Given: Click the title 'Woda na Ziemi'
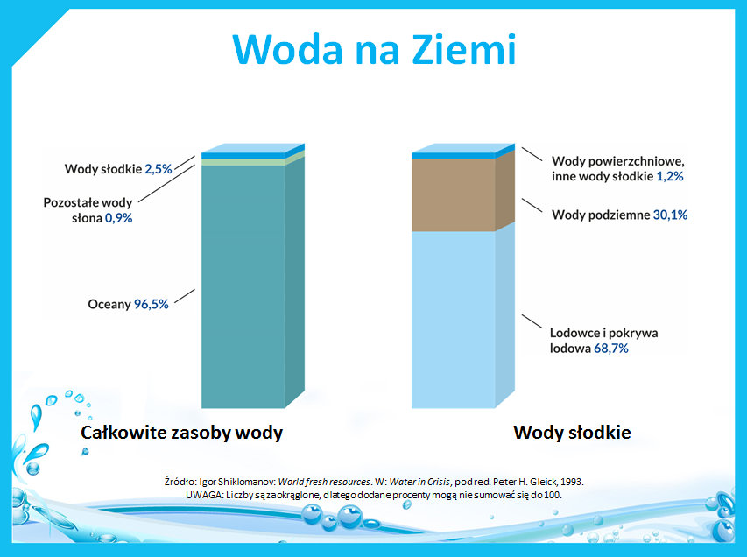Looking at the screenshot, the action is coord(375,49).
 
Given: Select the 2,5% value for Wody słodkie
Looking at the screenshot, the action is coord(159,169).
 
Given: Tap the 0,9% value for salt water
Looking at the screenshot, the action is coord(118,218).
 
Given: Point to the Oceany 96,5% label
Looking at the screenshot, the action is coord(128,304).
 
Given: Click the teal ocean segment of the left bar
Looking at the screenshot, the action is coord(243,286).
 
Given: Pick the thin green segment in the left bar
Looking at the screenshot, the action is coord(243,162).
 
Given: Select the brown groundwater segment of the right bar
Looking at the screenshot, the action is coord(453,195).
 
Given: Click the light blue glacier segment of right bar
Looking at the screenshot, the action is coord(453,320).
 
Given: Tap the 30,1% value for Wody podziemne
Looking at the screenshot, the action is coord(670,215).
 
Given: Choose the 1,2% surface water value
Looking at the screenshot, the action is coord(670,176).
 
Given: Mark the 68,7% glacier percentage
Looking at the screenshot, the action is coord(610,349).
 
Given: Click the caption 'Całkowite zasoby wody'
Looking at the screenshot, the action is coord(181,433).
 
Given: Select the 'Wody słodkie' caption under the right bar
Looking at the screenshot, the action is coord(572,433).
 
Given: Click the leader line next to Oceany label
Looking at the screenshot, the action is coord(185,296).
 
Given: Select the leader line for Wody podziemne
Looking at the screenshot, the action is coord(532,205).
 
